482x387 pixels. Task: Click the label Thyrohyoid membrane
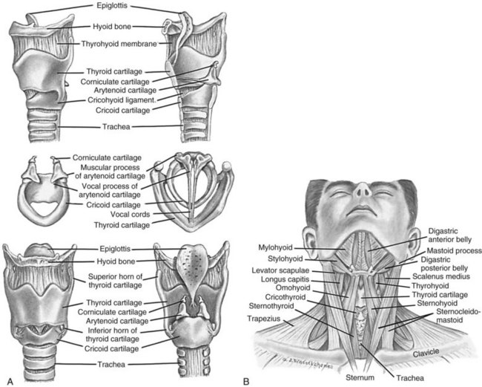click(119, 44)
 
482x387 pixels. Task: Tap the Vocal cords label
click(130, 214)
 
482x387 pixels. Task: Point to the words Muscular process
click(110, 168)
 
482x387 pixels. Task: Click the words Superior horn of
click(115, 276)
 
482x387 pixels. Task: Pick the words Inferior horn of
click(113, 331)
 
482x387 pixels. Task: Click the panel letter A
click(10, 382)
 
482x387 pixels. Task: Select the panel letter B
click(246, 382)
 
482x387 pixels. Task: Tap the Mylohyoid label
click(275, 247)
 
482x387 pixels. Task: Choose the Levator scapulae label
click(280, 270)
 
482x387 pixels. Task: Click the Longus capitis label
click(285, 279)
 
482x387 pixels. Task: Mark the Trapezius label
click(264, 319)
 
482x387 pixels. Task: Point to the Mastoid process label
click(454, 250)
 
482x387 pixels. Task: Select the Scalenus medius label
click(441, 276)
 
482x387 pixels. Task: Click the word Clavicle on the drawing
click(426, 353)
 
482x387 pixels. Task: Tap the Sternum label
click(360, 377)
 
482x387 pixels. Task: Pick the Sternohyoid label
click(437, 303)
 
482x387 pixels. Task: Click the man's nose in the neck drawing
click(362, 189)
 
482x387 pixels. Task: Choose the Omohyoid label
click(293, 288)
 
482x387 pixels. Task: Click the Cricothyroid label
click(285, 297)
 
